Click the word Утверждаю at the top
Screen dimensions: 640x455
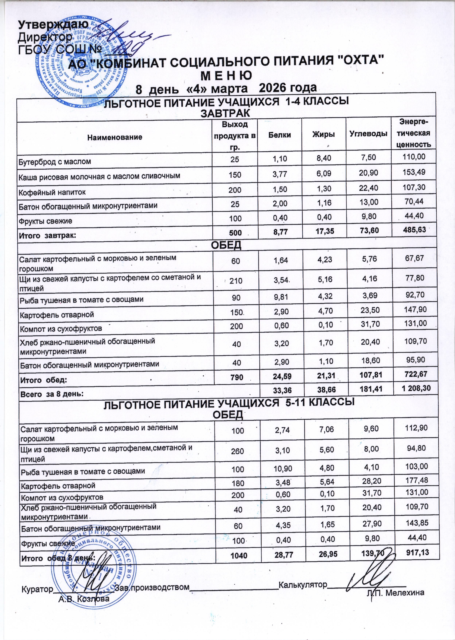pos(53,25)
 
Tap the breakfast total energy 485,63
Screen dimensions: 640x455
pos(414,230)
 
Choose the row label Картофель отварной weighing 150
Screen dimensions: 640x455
pos(56,315)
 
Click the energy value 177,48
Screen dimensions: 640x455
pos(416,480)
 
